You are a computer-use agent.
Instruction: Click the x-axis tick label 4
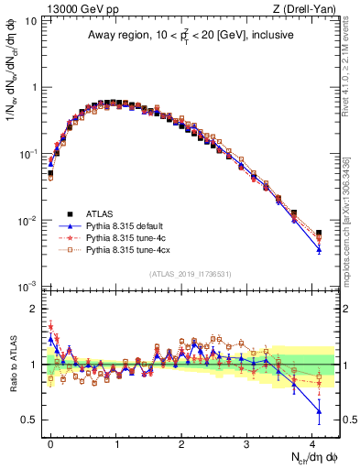(312, 442)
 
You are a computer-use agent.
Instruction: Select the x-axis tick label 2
(181, 442)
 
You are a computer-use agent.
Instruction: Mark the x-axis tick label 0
(50, 442)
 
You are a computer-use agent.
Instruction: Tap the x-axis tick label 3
(247, 442)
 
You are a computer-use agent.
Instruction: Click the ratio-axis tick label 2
(35, 309)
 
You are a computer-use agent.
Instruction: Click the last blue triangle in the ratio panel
(319, 410)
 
